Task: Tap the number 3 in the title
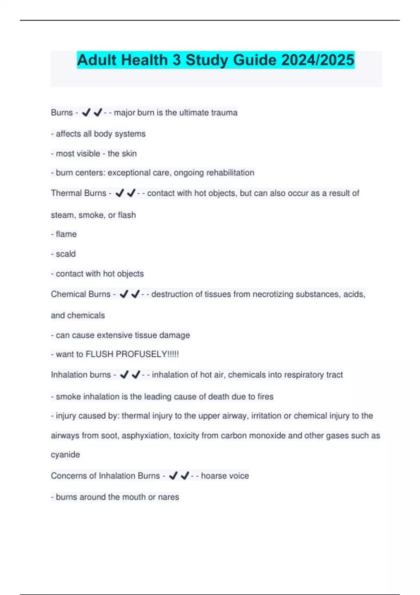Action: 176,60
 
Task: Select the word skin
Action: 129,154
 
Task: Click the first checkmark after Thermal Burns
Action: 120,193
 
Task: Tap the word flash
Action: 127,215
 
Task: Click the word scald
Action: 65,254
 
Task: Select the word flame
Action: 66,234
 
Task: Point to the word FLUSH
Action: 99,354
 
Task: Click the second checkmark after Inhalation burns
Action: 136,375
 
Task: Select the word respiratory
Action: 297,375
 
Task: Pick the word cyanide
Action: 65,455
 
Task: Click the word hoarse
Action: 214,476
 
